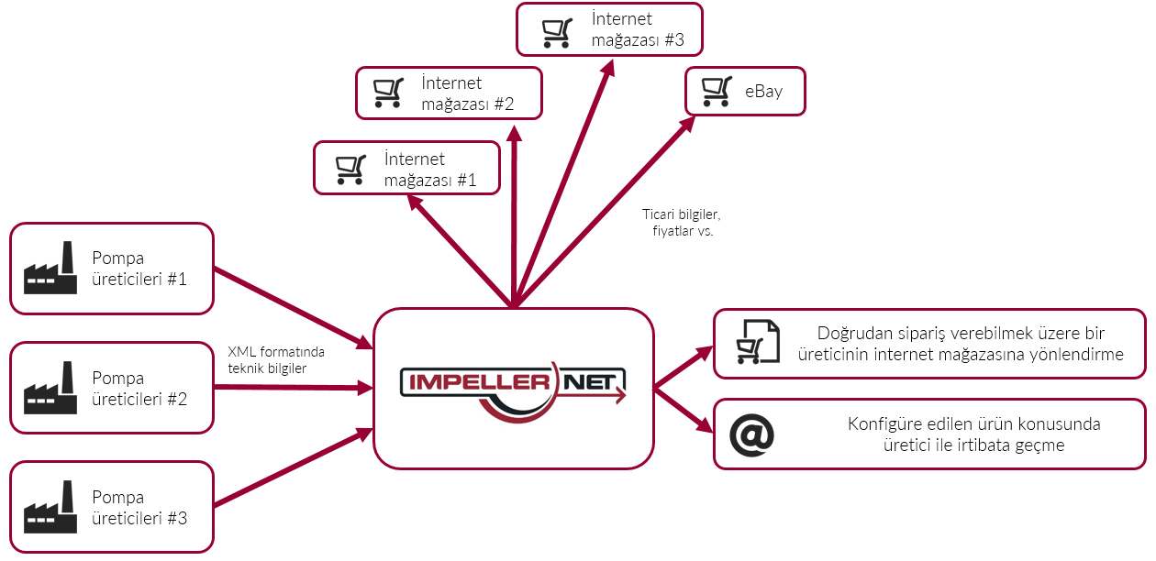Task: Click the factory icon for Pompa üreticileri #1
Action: pyautogui.click(x=50, y=268)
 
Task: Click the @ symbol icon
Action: pyautogui.click(x=752, y=435)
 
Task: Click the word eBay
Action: pyautogui.click(x=763, y=92)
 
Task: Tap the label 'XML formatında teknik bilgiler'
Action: pyautogui.click(x=275, y=359)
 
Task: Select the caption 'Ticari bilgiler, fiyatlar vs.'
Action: pyautogui.click(x=682, y=223)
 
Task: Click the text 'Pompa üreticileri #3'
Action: pyautogui.click(x=139, y=508)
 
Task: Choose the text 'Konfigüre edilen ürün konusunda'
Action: pyautogui.click(x=973, y=425)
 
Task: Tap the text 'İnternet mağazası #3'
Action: pyautogui.click(x=633, y=29)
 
